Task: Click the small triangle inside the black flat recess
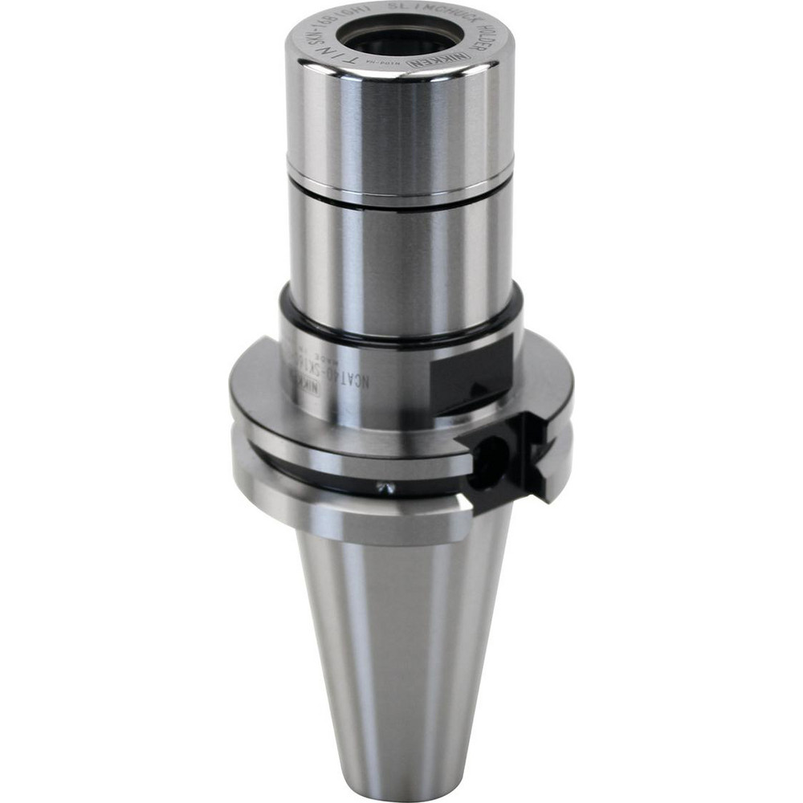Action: click(x=479, y=389)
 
